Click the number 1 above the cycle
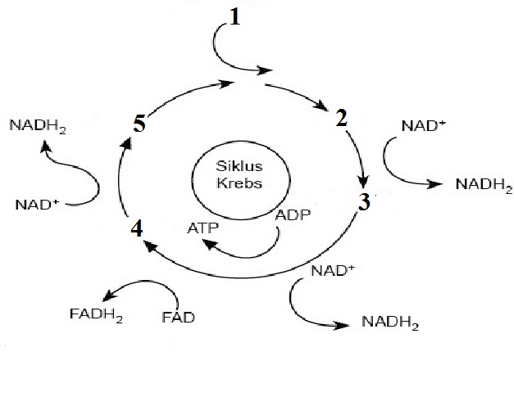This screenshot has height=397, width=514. [235, 17]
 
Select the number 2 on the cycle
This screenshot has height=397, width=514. [342, 119]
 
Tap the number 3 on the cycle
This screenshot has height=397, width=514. [364, 201]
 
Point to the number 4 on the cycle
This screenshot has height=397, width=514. [137, 228]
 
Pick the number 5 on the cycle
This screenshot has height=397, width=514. [139, 125]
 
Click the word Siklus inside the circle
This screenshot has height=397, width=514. [239, 166]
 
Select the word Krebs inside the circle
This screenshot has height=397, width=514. [239, 183]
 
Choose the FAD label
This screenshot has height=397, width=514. [178, 317]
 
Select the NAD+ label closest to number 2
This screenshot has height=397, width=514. [425, 127]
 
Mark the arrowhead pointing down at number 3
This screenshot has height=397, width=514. [363, 184]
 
